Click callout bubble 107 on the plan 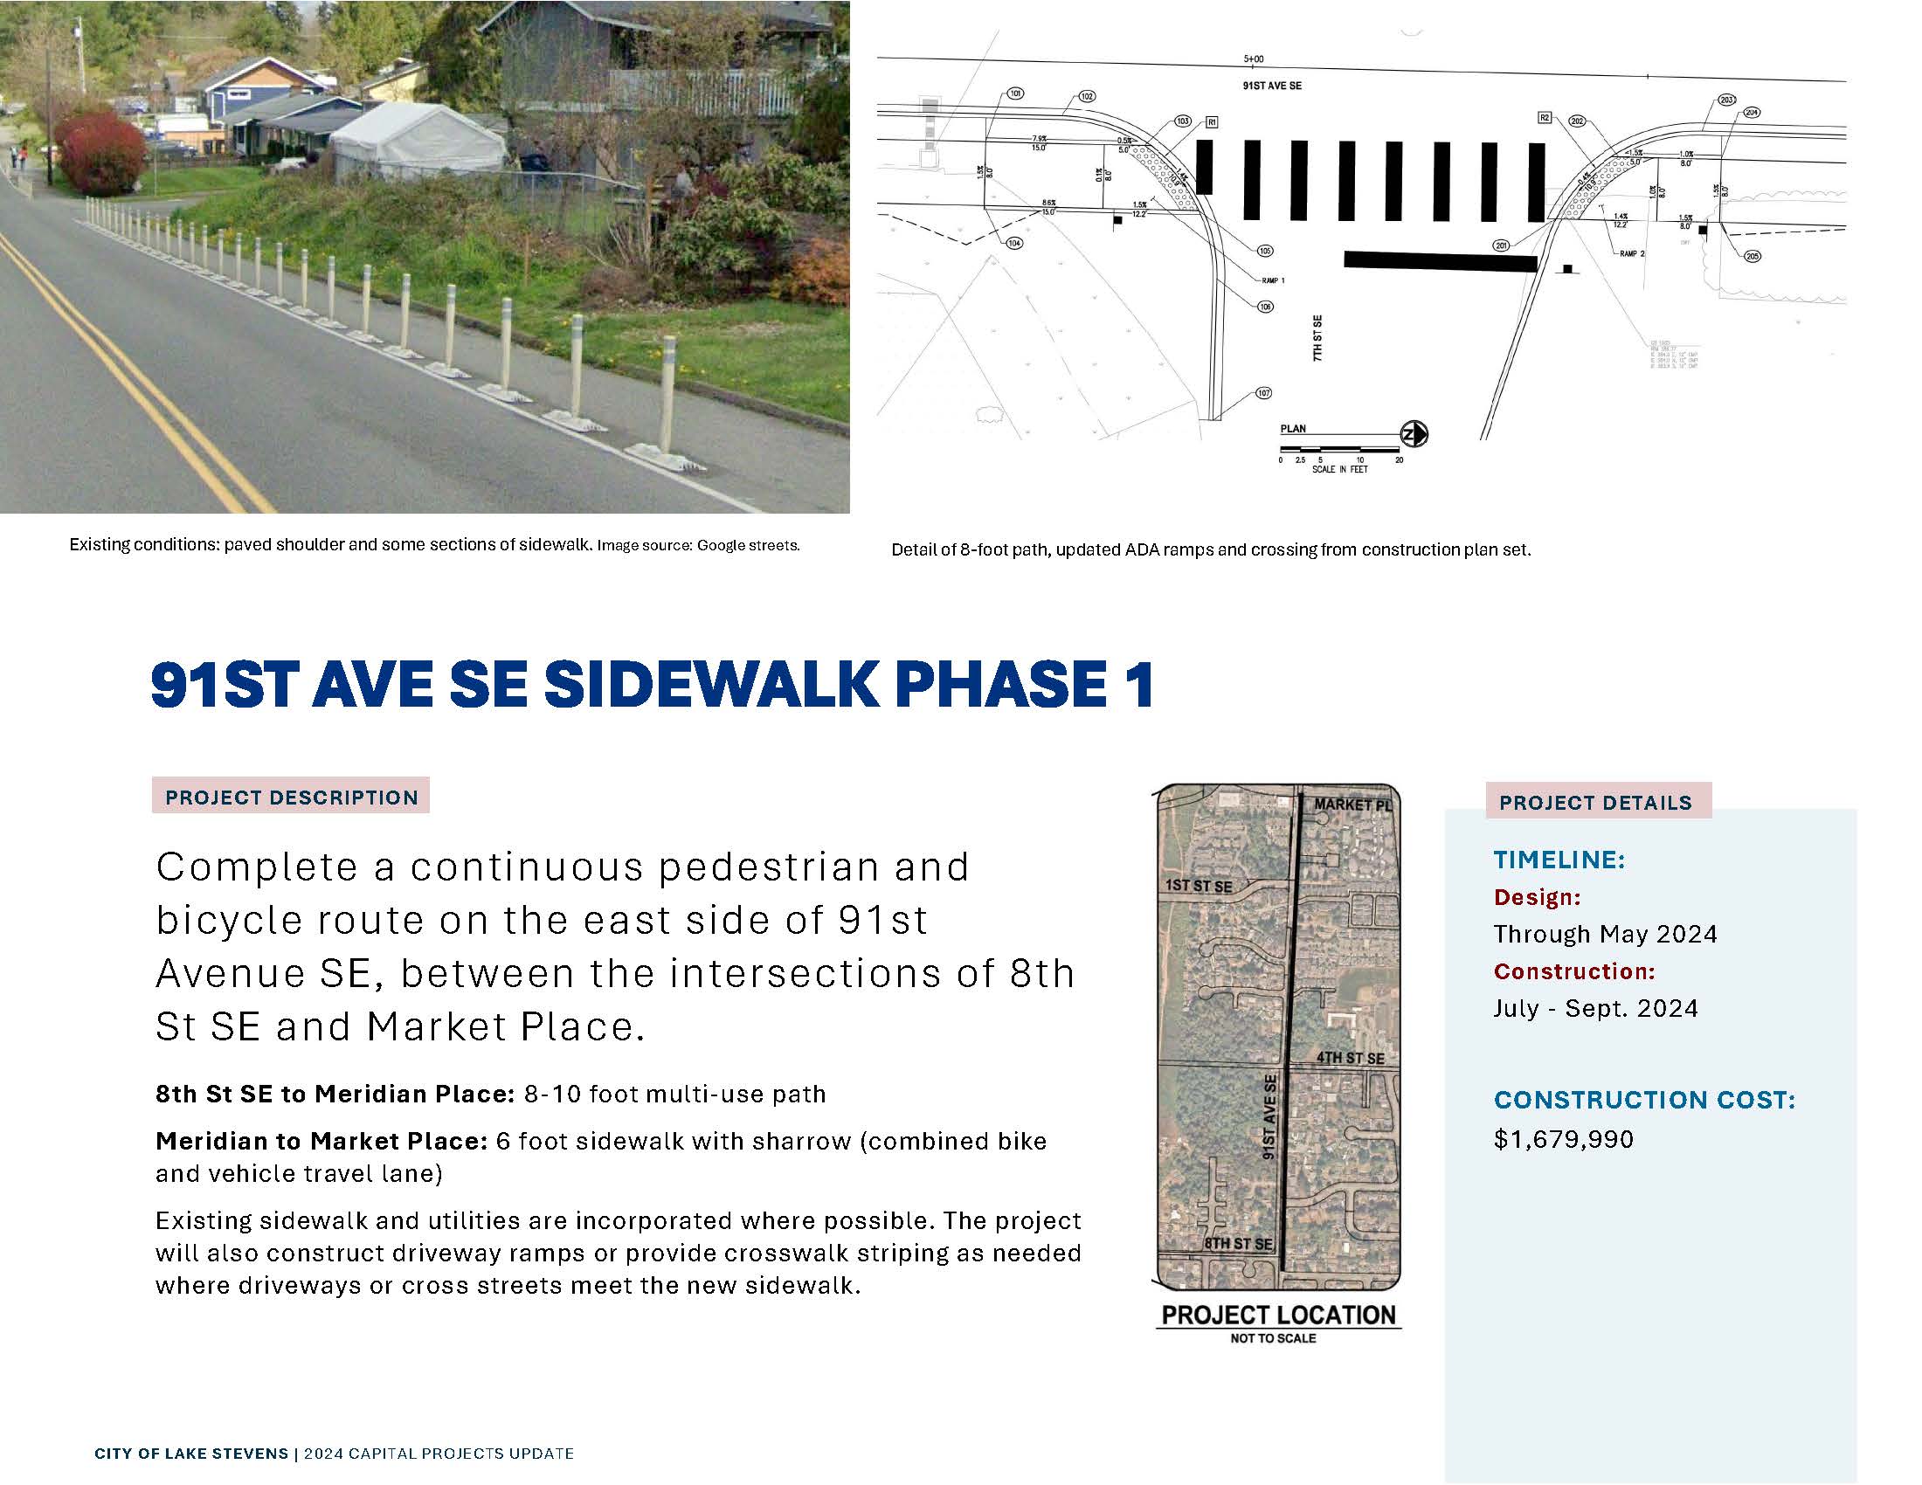tap(1264, 393)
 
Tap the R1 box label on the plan tap(1211, 122)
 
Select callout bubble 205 tap(1752, 256)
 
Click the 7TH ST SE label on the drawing tap(1317, 338)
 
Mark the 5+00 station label tap(1253, 59)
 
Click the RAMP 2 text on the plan tap(1632, 253)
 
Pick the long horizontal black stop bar tap(1440, 260)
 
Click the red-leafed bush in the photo tap(100, 155)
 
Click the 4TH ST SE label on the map tap(1350, 1059)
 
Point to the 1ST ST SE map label tap(1198, 886)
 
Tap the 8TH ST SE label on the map tap(1237, 1244)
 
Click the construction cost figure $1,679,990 tap(1563, 1139)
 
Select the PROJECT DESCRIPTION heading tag tap(291, 797)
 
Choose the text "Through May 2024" tap(1605, 934)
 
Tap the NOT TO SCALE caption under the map tap(1273, 1338)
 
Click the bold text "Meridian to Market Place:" tap(321, 1141)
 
